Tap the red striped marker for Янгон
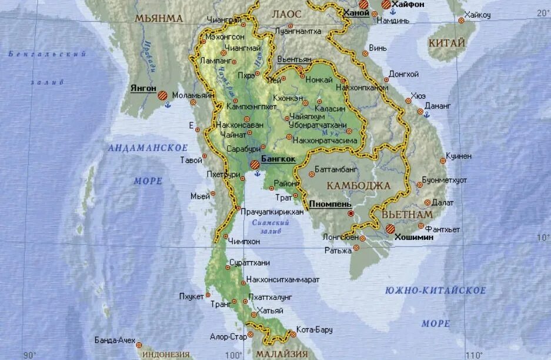(x=162, y=95)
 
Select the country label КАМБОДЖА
(x=358, y=186)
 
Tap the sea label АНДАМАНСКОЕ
(x=148, y=148)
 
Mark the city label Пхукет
(x=191, y=296)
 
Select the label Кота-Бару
(x=314, y=329)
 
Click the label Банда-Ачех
(x=115, y=340)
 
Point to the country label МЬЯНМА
(x=159, y=18)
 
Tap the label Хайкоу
(x=477, y=15)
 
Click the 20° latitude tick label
(x=542, y=12)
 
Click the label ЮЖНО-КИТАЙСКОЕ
(x=436, y=291)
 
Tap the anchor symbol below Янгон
(x=166, y=105)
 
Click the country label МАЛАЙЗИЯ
(x=281, y=354)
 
